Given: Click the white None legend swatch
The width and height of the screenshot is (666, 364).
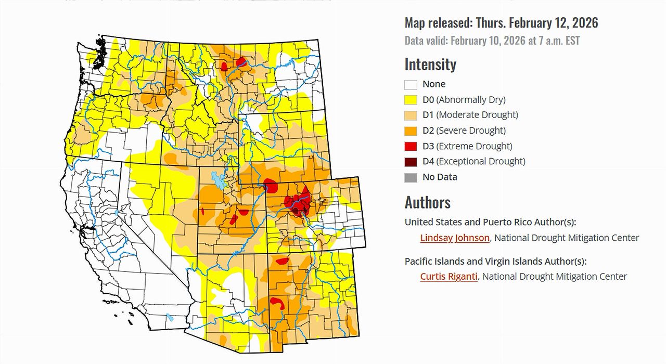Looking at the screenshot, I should coord(411,84).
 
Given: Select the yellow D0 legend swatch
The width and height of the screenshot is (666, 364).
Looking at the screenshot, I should coord(411,100).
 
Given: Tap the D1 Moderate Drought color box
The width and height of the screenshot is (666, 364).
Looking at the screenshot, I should coord(411,115).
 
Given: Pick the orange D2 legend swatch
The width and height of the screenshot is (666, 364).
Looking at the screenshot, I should coord(411,131).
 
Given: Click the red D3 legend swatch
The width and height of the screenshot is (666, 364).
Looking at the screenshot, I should coord(411,146).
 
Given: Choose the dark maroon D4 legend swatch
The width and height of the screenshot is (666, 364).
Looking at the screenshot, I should coord(411,162).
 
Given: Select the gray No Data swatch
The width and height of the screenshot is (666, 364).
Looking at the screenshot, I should coord(411,177).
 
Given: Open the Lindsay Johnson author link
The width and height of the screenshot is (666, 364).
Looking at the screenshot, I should coord(455,238).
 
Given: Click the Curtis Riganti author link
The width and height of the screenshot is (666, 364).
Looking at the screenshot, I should coord(449,277).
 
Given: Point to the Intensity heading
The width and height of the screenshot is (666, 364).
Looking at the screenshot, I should coord(430,64).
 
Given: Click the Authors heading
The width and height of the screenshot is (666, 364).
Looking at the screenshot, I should coord(427,202).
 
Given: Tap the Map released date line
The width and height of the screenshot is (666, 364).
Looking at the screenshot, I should coord(501,23).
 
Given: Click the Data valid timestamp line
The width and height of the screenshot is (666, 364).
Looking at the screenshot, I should coord(492,41).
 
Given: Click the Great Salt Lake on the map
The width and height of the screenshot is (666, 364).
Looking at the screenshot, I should coord(219,180).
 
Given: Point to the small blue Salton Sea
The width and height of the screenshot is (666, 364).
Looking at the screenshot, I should coord(170,317).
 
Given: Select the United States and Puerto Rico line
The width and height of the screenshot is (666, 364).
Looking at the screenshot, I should coord(490,222).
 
